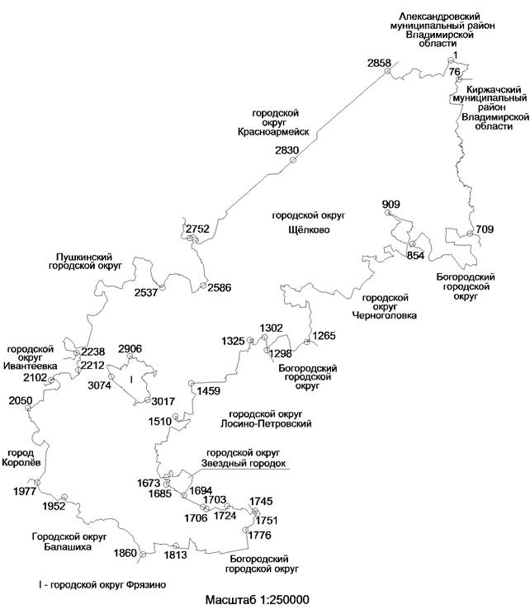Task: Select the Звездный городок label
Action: (244, 463)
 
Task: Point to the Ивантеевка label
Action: (31, 366)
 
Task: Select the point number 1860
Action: (125, 552)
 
